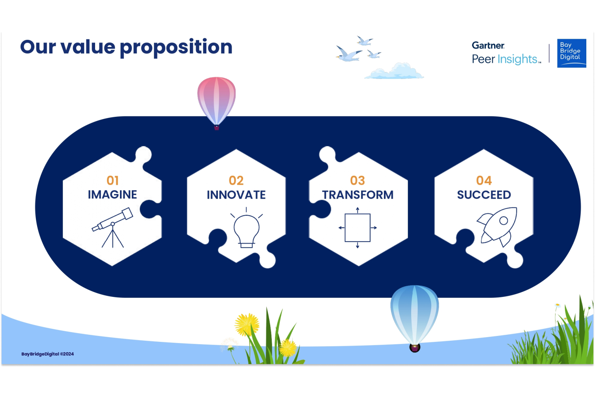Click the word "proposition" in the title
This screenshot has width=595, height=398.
coord(176,48)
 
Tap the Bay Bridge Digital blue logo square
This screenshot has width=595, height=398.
coord(572,53)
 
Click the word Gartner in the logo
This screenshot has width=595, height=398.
coord(488,45)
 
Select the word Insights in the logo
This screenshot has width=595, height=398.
coord(517,59)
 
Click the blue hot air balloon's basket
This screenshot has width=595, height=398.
coord(415,348)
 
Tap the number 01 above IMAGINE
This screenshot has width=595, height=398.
coord(112,181)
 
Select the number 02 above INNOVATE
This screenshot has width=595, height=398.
coord(236,181)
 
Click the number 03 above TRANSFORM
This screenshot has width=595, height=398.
coord(357,181)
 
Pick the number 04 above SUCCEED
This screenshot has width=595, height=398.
coord(484,181)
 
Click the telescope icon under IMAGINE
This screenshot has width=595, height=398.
coord(113,227)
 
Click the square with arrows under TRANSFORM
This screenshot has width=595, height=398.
coord(357,228)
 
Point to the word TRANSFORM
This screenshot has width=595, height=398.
coord(358,195)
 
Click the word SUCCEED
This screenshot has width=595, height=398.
coord(484,195)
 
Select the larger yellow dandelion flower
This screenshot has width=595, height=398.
coord(247,325)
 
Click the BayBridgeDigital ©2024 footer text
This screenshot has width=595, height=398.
coord(48,354)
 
